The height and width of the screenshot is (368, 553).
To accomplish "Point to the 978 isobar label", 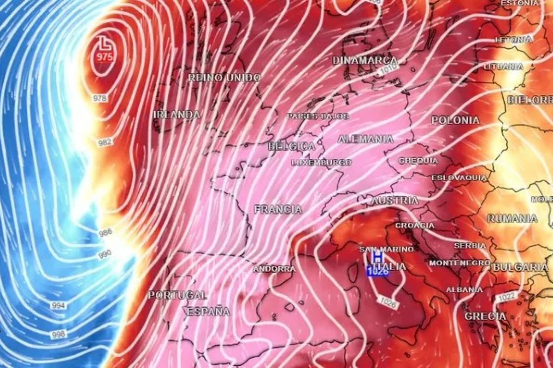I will [x=100, y=98].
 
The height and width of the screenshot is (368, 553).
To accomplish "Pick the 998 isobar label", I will [x=59, y=334].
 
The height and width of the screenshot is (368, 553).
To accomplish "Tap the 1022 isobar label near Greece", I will [x=506, y=298].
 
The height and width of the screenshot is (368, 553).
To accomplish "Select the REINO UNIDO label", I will [x=224, y=78].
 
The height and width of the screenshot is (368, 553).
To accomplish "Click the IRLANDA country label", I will [x=177, y=115].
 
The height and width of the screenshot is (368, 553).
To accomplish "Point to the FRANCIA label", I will [x=278, y=209].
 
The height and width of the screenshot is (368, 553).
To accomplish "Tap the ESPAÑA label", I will [x=208, y=311].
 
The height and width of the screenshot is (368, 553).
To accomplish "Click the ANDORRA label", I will [x=274, y=269].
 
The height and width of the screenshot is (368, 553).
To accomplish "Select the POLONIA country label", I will [x=455, y=120].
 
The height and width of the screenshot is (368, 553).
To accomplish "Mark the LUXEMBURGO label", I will [x=322, y=162].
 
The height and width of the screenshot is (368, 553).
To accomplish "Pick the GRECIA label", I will [x=485, y=316].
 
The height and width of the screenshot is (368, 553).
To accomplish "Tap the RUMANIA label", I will [x=512, y=218].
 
